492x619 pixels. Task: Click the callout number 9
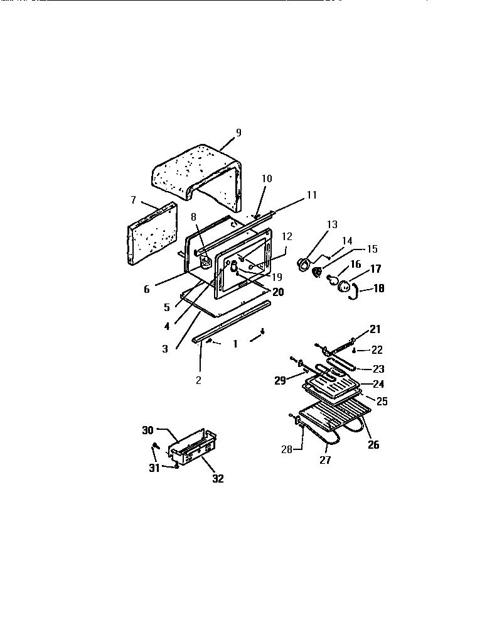[x=238, y=133]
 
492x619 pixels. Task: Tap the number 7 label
[x=133, y=199]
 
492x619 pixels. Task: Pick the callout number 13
[x=332, y=224]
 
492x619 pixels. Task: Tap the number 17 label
[x=375, y=269]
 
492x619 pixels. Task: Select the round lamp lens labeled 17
[x=345, y=286]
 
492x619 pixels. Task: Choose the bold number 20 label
[x=278, y=292]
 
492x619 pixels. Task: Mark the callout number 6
[x=147, y=290]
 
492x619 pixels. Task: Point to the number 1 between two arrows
[x=235, y=344]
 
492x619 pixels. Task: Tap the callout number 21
[x=375, y=329]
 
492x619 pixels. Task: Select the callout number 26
[x=373, y=445]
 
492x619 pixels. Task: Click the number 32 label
[x=217, y=478]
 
